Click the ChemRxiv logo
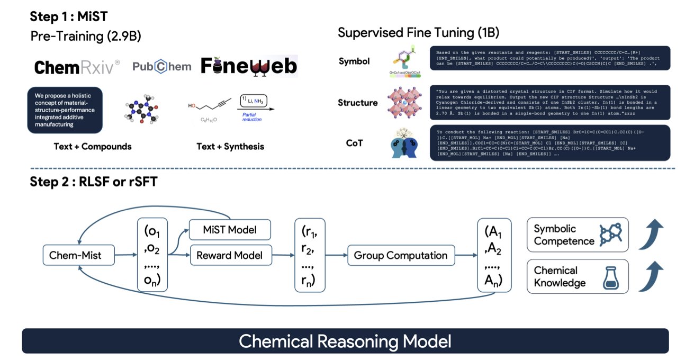coord(77,67)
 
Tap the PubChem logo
coord(161,66)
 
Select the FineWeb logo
coord(249,66)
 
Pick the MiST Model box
coord(230,230)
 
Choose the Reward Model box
coord(230,255)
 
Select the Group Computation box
coord(401,255)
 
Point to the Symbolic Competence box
coord(578,235)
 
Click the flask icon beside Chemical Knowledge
coord(611,277)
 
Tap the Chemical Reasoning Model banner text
coord(345,340)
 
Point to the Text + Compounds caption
coord(92,146)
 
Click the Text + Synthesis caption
coord(230,146)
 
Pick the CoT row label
coord(354,142)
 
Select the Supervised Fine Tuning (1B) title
coord(419,33)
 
